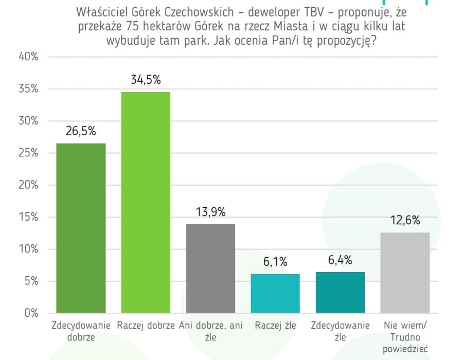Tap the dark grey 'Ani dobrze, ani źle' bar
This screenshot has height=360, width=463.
(210, 268)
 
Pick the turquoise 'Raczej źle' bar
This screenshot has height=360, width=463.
(275, 293)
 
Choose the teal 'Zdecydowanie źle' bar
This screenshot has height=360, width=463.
(340, 292)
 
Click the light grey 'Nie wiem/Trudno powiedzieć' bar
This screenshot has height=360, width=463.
(405, 273)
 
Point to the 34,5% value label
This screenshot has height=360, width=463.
(146, 80)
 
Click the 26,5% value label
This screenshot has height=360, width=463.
(81, 131)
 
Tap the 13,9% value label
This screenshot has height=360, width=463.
(210, 212)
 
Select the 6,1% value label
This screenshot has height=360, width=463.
(275, 262)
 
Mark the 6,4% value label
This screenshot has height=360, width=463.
(340, 260)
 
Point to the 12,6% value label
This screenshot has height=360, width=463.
(405, 221)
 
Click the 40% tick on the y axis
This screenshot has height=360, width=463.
(28, 57)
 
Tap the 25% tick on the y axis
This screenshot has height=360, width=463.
(28, 153)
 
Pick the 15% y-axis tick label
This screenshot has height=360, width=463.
(28, 217)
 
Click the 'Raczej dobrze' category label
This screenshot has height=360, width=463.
(146, 326)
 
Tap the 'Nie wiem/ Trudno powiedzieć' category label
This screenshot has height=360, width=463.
(405, 337)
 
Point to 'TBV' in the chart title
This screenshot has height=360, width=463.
(304, 11)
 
